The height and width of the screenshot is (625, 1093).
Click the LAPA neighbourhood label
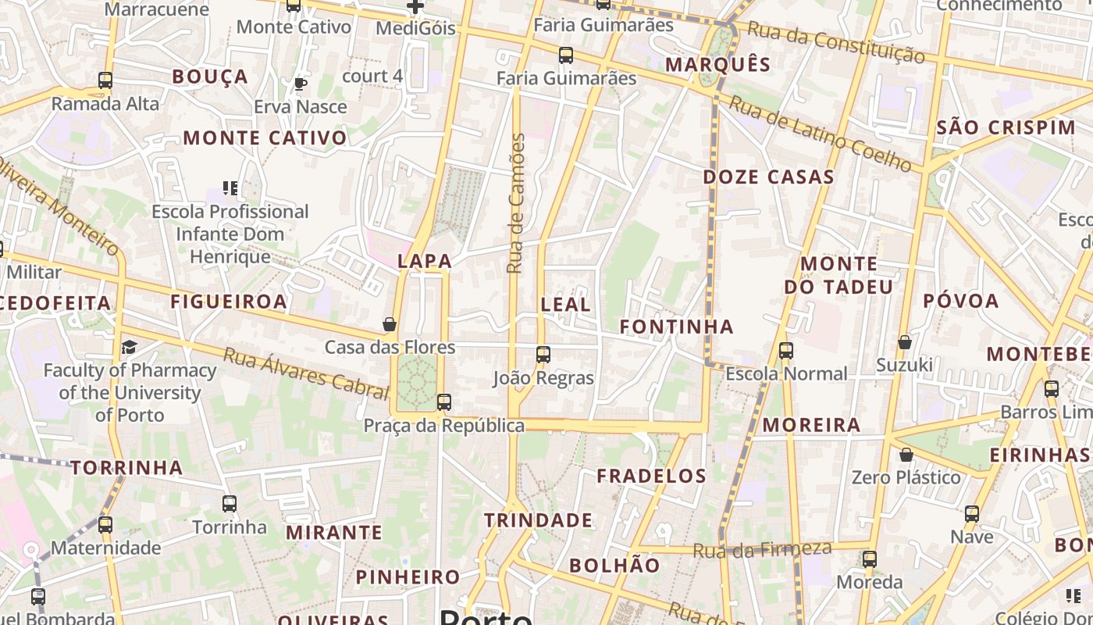pyautogui.click(x=425, y=261)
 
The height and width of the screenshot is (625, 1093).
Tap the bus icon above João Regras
pyautogui.click(x=543, y=355)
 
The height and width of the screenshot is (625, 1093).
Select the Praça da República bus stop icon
pyautogui.click(x=444, y=402)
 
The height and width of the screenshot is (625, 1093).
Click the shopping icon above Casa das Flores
pyautogui.click(x=390, y=323)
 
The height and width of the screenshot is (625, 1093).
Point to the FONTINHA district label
pyautogui.click(x=676, y=327)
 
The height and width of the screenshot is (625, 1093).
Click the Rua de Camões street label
pyautogui.click(x=515, y=203)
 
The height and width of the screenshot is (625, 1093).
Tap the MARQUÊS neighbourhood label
pyautogui.click(x=717, y=64)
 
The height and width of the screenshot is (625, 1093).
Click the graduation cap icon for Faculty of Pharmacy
pyautogui.click(x=129, y=347)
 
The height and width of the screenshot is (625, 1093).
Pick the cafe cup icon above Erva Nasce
pyautogui.click(x=301, y=84)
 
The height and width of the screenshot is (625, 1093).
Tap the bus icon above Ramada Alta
pyautogui.click(x=105, y=80)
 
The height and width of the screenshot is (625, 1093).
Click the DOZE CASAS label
pyautogui.click(x=768, y=177)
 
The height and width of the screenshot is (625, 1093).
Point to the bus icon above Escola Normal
pyautogui.click(x=786, y=351)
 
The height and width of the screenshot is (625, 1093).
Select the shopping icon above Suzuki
pyautogui.click(x=905, y=342)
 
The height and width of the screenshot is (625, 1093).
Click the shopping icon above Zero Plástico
pyautogui.click(x=906, y=454)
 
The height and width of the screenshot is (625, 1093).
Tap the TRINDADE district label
pyautogui.click(x=538, y=520)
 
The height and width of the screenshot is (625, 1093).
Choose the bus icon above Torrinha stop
pyautogui.click(x=230, y=504)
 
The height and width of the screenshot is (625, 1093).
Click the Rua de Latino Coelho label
pyautogui.click(x=820, y=134)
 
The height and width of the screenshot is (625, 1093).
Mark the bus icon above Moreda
pyautogui.click(x=870, y=559)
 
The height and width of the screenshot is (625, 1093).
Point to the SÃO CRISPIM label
pyautogui.click(x=1006, y=127)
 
